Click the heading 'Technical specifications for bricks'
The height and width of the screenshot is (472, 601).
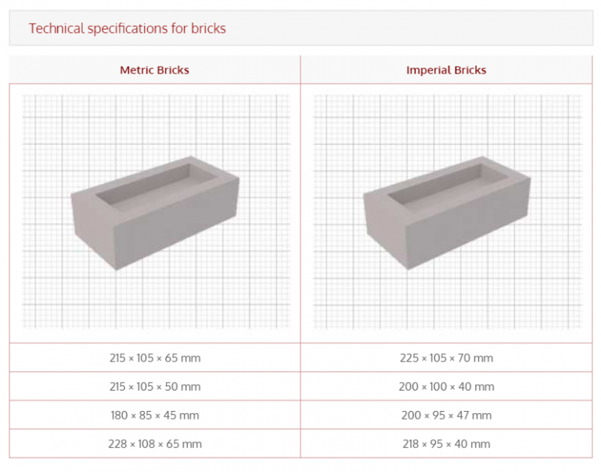[128, 28]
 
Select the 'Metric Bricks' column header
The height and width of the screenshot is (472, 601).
[154, 70]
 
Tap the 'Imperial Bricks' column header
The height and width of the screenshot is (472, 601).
[446, 70]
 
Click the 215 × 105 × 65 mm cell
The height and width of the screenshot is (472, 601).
[154, 358]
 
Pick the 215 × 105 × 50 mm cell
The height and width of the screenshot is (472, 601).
[154, 387]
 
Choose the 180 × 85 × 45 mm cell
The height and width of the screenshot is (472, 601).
[154, 415]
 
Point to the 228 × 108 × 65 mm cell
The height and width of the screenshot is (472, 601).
[154, 444]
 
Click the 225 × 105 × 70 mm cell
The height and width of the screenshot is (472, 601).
[446, 358]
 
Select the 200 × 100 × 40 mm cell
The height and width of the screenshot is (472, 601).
[446, 387]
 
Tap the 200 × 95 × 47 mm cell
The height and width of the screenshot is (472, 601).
[446, 415]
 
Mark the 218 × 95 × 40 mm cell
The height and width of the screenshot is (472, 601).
[446, 444]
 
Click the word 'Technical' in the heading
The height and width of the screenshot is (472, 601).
[56, 28]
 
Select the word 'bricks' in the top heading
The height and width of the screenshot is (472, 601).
[208, 28]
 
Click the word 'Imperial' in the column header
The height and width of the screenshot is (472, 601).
[427, 70]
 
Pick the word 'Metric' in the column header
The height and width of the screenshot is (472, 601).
[136, 70]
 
